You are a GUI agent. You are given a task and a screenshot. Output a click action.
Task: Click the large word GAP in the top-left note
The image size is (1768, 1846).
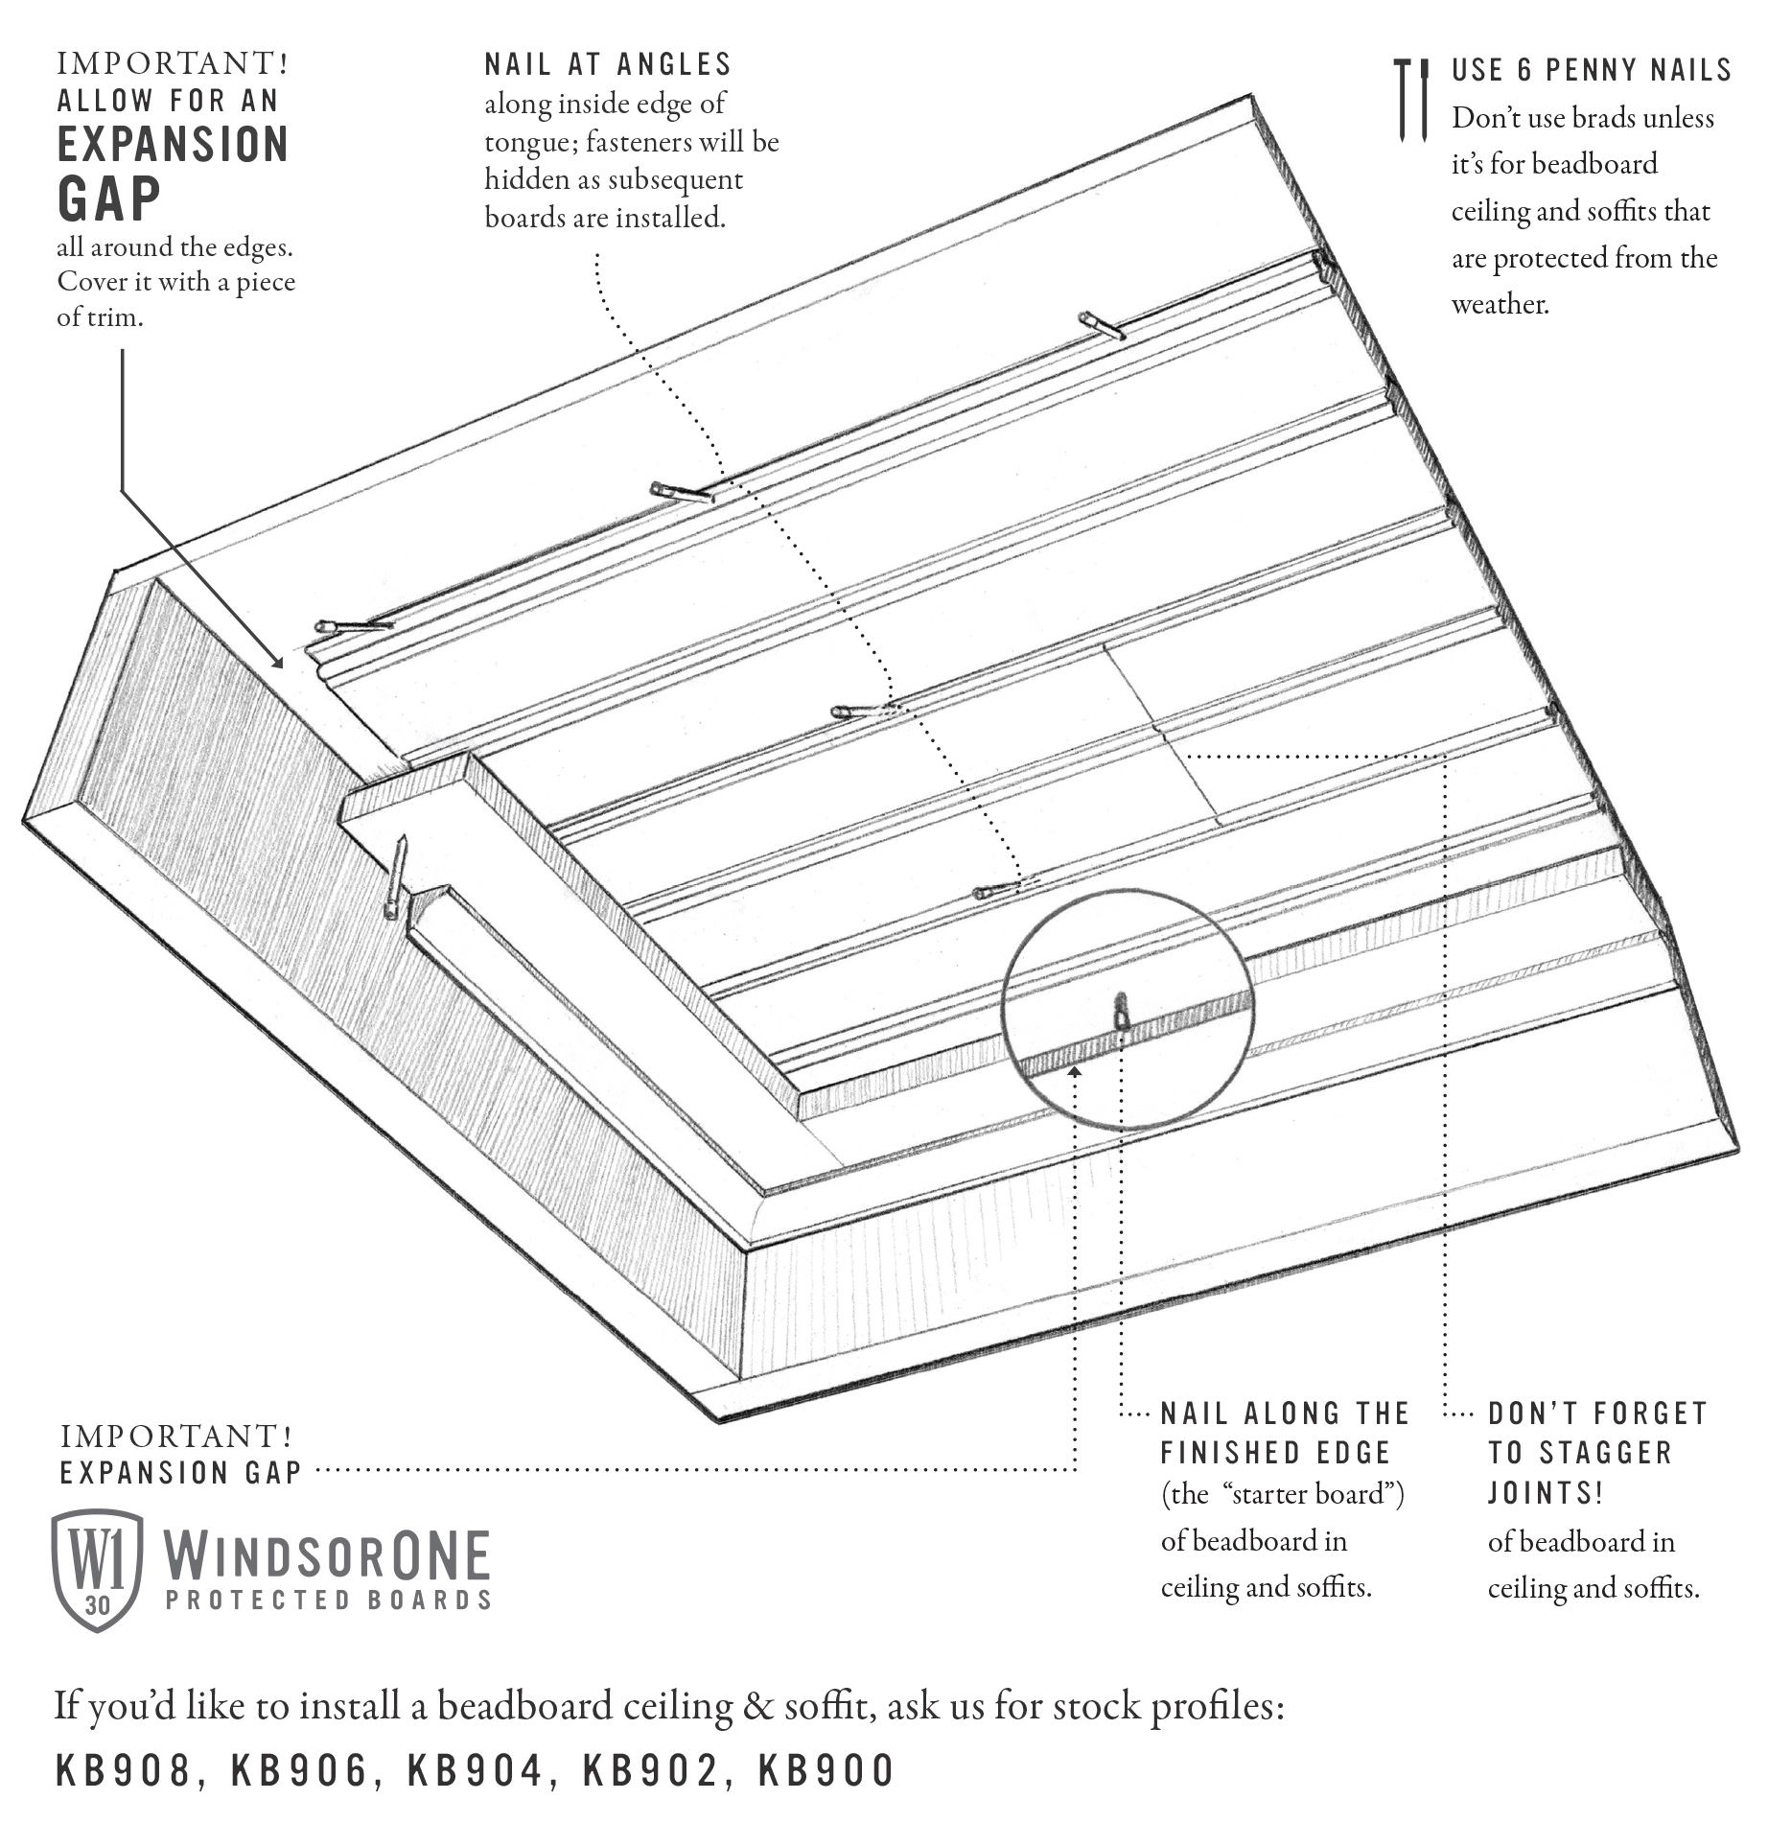coord(109,199)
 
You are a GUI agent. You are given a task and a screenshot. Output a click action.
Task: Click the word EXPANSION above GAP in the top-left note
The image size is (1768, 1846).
coord(173,145)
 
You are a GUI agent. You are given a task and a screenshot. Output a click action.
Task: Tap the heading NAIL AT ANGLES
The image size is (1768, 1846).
coord(608,64)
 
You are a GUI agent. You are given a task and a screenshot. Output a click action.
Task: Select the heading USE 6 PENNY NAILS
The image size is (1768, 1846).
coord(1591,70)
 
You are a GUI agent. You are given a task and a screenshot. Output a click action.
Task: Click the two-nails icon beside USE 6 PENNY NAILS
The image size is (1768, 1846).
coord(1410,100)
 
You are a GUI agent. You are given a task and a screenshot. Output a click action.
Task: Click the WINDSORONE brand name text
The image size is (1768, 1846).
coord(327,1555)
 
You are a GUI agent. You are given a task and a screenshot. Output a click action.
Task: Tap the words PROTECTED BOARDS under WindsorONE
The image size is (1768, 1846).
coord(328,1600)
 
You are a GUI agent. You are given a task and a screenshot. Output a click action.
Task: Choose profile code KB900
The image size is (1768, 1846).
coord(826,1771)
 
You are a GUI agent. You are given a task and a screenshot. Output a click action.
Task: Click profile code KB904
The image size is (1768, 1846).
coord(475,1771)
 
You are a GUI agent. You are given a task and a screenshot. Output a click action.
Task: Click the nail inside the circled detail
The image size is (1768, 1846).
coord(1121,1012)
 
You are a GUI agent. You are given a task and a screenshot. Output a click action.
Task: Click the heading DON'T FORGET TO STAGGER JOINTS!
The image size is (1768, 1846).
coord(1595,1453)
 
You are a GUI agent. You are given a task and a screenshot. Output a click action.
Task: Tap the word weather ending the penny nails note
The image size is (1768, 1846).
coord(1499,304)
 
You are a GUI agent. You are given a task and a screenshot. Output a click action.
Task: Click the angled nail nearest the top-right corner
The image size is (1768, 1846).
coord(1101,325)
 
